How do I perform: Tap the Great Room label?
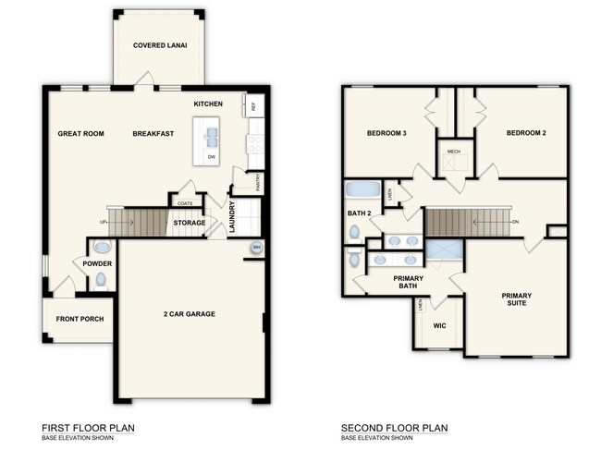pyautogui.click(x=80, y=134)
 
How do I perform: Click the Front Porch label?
pyautogui.click(x=80, y=320)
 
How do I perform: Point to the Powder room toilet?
pyautogui.click(x=101, y=248)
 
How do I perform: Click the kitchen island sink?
pyautogui.click(x=212, y=139)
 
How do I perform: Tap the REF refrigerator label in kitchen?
pyautogui.click(x=253, y=106)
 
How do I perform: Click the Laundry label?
pyautogui.click(x=233, y=216)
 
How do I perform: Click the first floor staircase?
pyautogui.click(x=144, y=221)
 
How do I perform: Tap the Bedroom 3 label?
pyautogui.click(x=387, y=134)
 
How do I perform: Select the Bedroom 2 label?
pyautogui.click(x=525, y=134)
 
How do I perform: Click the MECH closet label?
pyautogui.click(x=454, y=152)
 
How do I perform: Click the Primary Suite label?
pyautogui.click(x=517, y=301)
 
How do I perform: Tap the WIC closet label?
pyautogui.click(x=439, y=325)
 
